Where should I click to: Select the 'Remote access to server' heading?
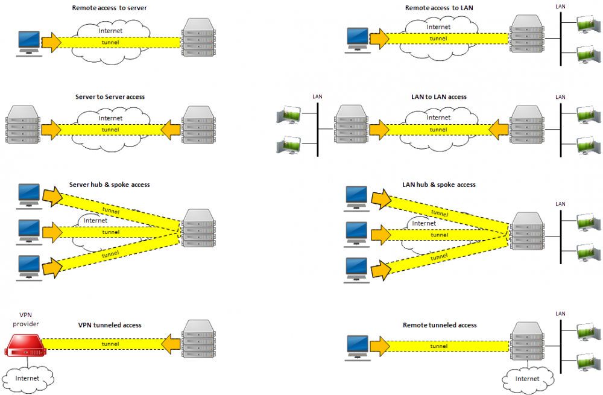(x=109, y=8)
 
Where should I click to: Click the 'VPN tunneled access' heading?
(x=110, y=325)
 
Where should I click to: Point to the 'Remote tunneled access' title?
(x=440, y=325)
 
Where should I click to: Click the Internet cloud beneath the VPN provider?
(x=28, y=378)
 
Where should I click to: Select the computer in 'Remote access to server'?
(x=28, y=42)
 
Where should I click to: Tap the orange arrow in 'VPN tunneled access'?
(x=171, y=344)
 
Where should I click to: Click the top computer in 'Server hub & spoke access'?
(x=28, y=195)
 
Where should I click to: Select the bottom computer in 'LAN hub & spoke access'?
(x=356, y=268)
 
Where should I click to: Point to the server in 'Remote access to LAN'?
(x=525, y=36)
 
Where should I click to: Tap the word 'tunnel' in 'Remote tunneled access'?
(x=438, y=346)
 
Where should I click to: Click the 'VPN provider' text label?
(x=25, y=320)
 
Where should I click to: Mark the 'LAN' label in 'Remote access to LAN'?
(x=560, y=5)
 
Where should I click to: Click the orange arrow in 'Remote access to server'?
(x=52, y=42)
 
